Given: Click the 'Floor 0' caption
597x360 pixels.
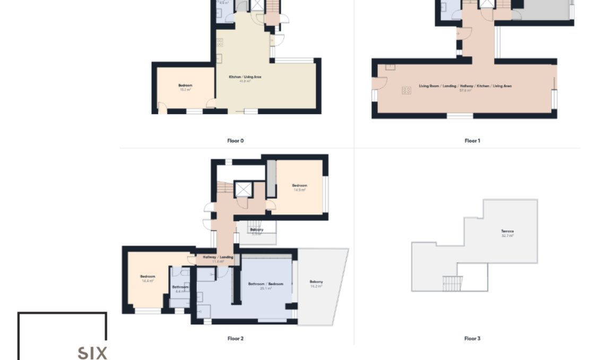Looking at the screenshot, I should pyautogui.click(x=235, y=141).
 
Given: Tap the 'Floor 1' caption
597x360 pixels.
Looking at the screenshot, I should pyautogui.click(x=472, y=141).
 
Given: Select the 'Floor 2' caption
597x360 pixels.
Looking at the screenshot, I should pyautogui.click(x=235, y=338).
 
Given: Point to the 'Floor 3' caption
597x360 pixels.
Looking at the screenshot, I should pyautogui.click(x=472, y=338).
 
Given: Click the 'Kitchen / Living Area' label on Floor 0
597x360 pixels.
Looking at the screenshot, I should pyautogui.click(x=245, y=77).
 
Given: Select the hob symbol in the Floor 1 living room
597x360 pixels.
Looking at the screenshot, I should pyautogui.click(x=407, y=90).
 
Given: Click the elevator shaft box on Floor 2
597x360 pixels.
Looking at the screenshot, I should pyautogui.click(x=244, y=189).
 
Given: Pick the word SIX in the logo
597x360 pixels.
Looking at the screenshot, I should pyautogui.click(x=92, y=353).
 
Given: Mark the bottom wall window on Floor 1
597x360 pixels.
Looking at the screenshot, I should pyautogui.click(x=460, y=115).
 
